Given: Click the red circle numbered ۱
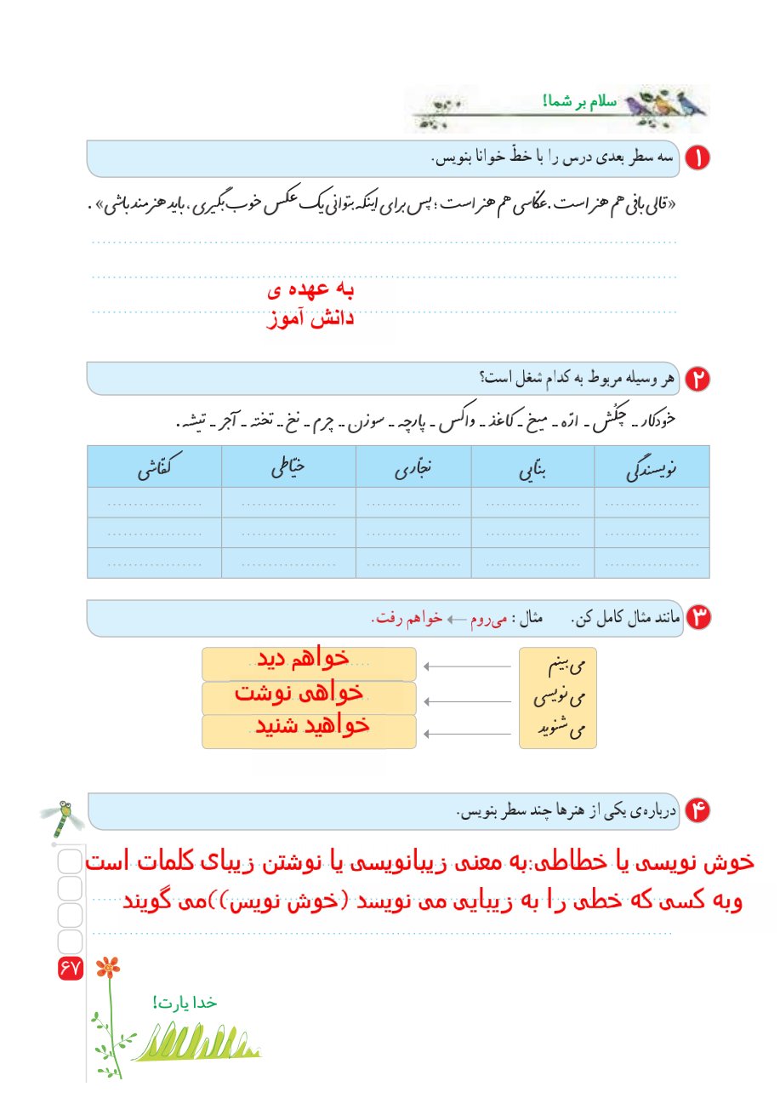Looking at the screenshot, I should click(x=697, y=158).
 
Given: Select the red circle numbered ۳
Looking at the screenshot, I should click(x=697, y=618).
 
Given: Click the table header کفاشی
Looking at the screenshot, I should click(x=154, y=466).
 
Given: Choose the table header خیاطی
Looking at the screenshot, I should click(x=288, y=466).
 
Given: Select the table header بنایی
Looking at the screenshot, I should click(x=533, y=466).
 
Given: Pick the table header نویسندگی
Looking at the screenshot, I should click(x=651, y=466).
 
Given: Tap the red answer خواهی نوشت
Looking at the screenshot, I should click(x=299, y=692).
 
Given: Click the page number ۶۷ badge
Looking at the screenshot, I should click(x=70, y=968).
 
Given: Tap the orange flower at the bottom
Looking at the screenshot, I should click(x=107, y=967).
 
